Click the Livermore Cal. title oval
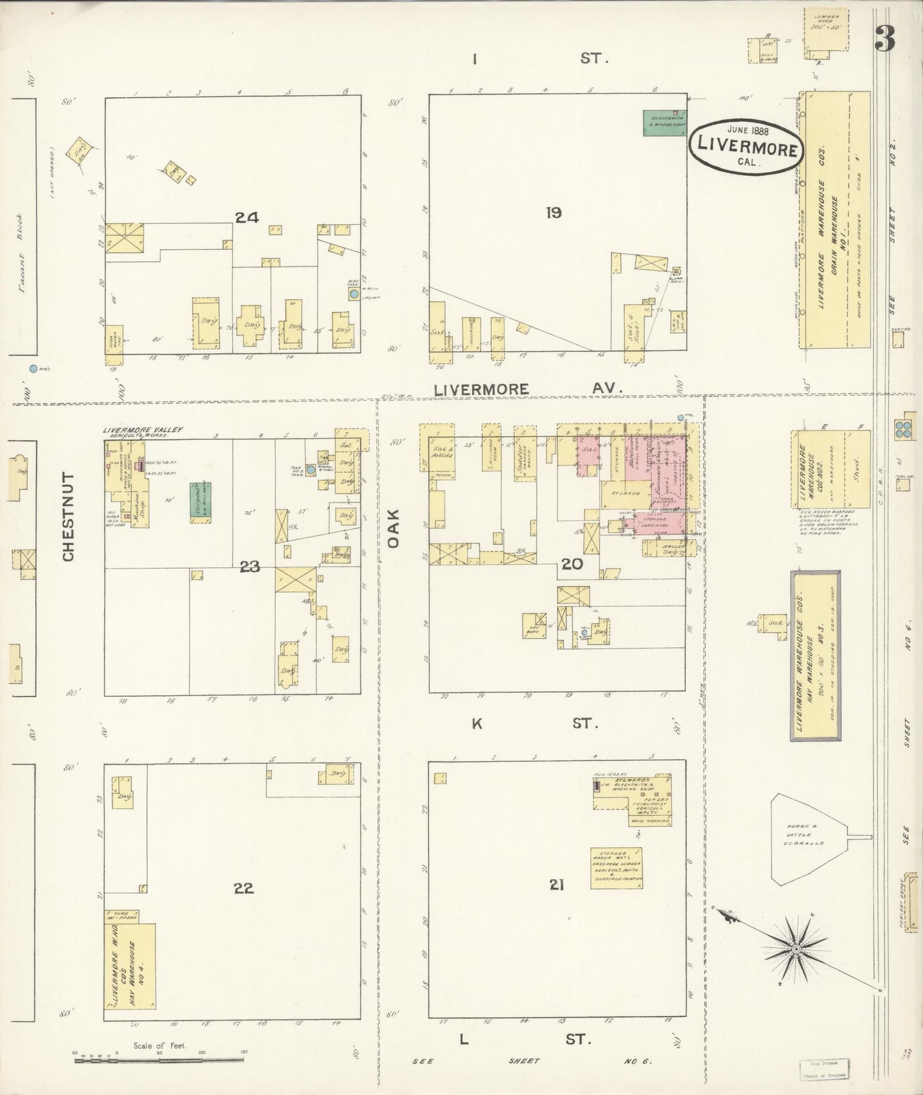pyautogui.click(x=745, y=146)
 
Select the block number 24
pyautogui.click(x=247, y=218)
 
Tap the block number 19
pyautogui.click(x=554, y=213)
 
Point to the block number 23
pyautogui.click(x=249, y=566)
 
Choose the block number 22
pyautogui.click(x=243, y=888)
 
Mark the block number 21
pyautogui.click(x=556, y=885)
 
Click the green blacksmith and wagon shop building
pyautogui.click(x=664, y=122)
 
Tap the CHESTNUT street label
pyautogui.click(x=69, y=517)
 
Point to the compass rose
pyautogui.click(x=797, y=950)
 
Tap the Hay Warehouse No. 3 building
pyautogui.click(x=815, y=655)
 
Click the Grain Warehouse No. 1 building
pyautogui.click(x=836, y=219)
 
